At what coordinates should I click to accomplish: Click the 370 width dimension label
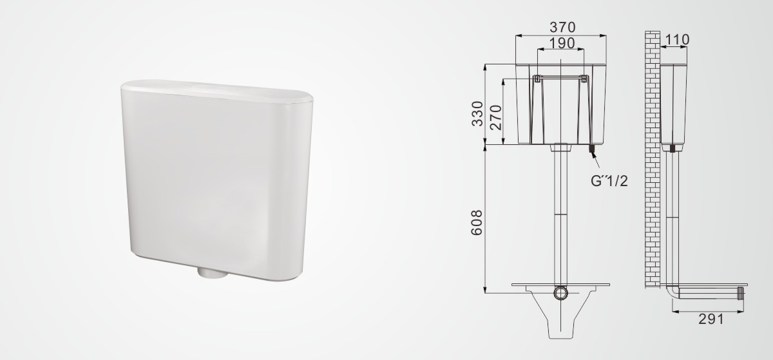pos(562,27)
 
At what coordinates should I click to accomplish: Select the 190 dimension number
pos(562,43)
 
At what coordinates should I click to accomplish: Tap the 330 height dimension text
pos(477,114)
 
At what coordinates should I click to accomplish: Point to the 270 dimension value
pos(495,118)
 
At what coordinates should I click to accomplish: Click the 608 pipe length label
pos(477,223)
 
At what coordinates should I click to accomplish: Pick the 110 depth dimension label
pos(677,40)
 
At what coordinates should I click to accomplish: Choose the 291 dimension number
pos(711,319)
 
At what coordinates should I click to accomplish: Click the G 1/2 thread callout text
pos(609,181)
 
